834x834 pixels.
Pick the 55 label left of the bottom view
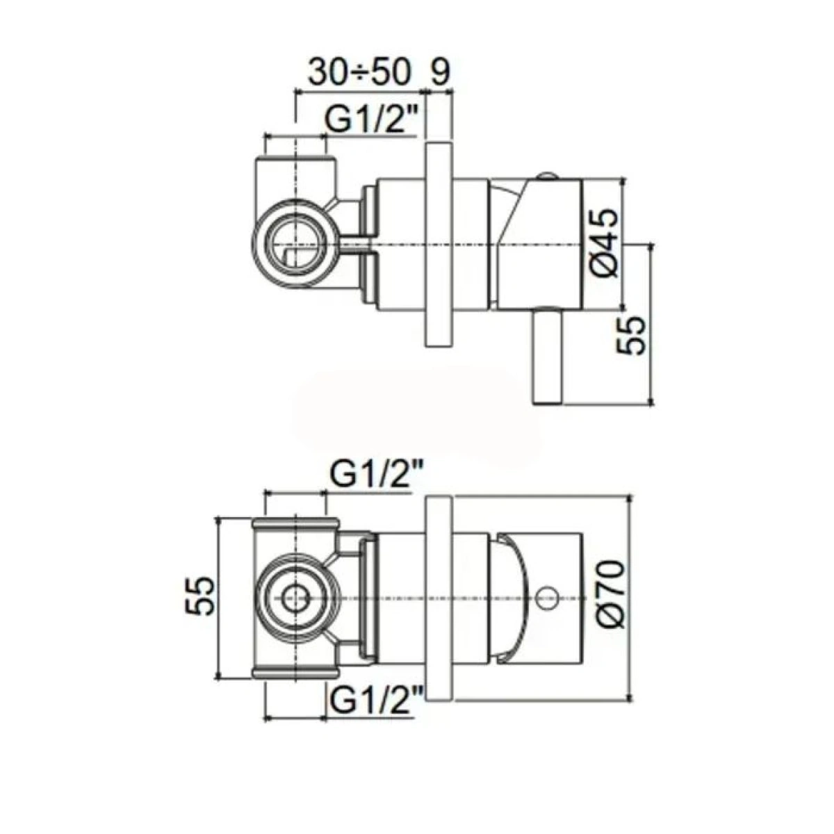click(200, 595)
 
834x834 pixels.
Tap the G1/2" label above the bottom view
click(375, 477)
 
